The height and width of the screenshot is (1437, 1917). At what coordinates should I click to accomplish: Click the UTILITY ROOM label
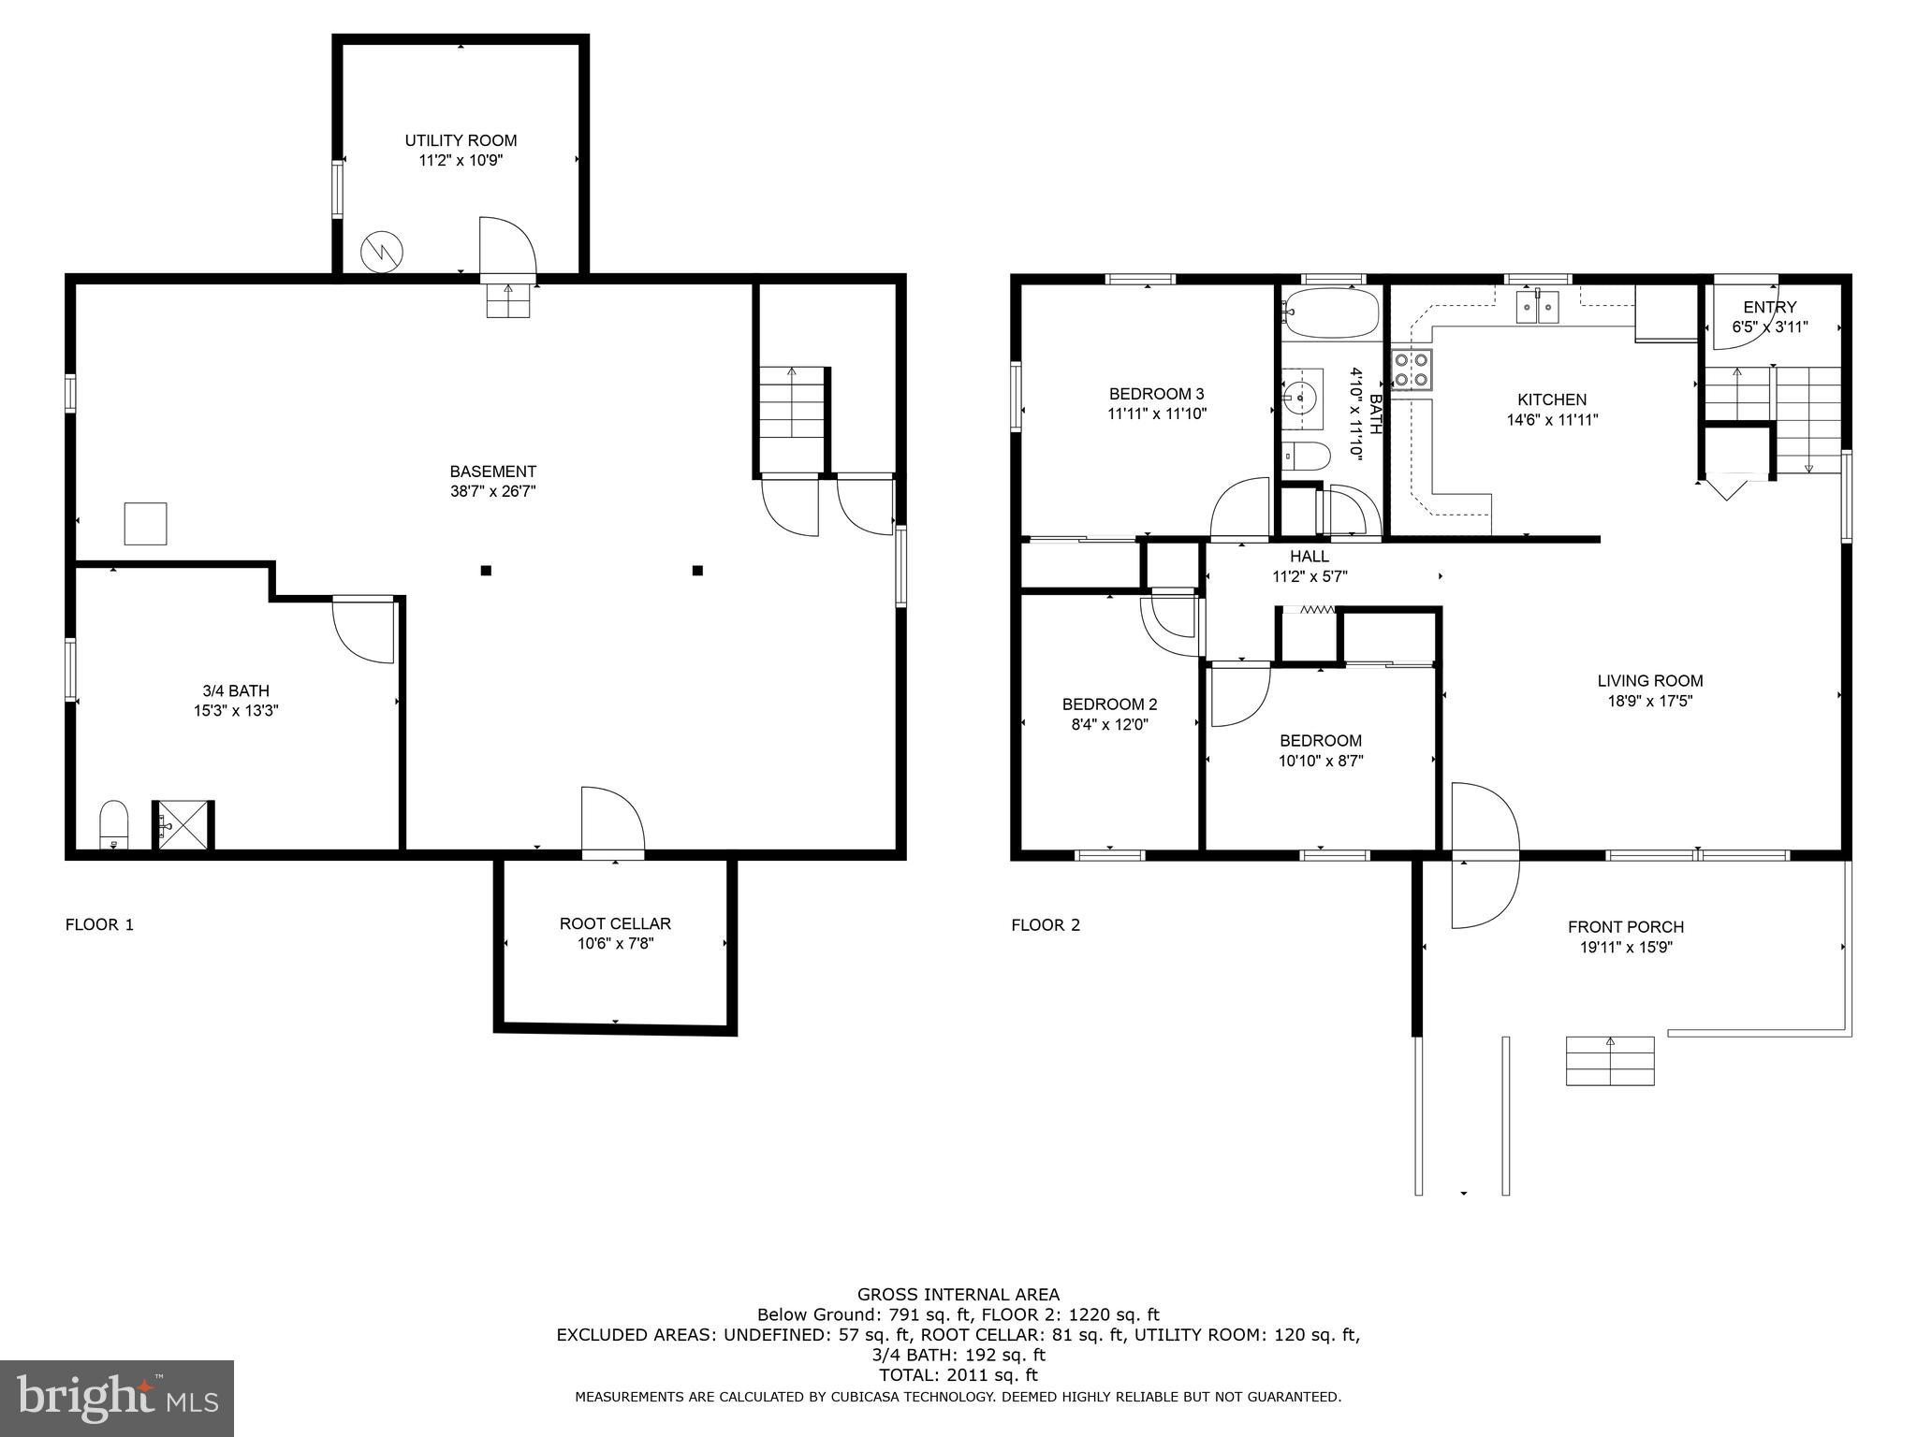461,140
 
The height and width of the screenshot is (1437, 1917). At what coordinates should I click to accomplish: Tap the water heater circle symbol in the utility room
382,251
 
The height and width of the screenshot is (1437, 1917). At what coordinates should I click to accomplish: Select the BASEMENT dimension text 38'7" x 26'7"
492,491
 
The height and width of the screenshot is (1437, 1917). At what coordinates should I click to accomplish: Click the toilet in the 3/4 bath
113,823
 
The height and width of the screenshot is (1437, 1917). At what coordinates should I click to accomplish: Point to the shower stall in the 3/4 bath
182,825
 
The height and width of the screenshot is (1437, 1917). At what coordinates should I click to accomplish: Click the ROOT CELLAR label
615,923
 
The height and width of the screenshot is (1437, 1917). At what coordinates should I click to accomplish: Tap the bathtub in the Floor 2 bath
1331,312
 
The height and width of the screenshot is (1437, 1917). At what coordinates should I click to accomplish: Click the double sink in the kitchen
1537,306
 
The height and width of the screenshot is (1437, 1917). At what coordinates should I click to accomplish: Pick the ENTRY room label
1769,307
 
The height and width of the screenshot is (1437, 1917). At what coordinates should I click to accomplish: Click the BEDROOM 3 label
1157,394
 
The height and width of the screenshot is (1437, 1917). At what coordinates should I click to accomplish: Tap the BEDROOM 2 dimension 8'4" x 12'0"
1109,724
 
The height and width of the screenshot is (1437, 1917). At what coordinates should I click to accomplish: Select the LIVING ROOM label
1649,681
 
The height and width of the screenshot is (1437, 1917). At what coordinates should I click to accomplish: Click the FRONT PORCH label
1626,927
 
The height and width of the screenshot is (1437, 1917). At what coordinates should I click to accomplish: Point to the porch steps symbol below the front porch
1610,1061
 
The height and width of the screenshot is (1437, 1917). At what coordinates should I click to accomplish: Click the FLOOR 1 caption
99,925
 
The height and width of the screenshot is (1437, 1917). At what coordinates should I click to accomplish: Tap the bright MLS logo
117,1398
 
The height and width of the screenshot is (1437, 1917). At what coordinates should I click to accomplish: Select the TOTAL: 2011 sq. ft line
958,1375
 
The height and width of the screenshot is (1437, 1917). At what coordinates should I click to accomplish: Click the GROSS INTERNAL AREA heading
958,1295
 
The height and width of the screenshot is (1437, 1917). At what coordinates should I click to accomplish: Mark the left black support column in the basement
486,570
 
